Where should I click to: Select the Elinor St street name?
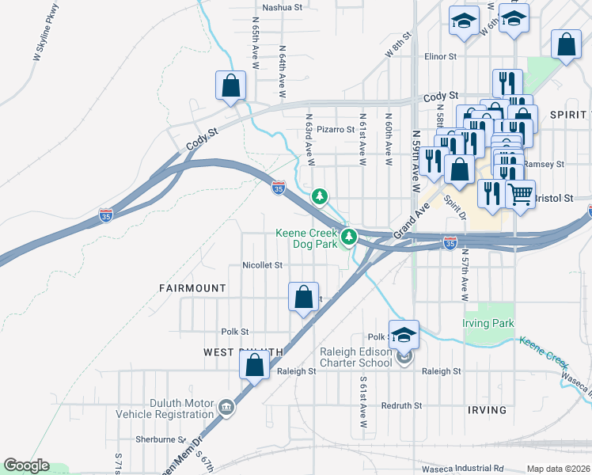pos(441,57)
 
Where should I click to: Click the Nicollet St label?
pos(262,266)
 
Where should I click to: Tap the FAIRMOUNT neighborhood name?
pos(192,288)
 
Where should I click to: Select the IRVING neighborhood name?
pos(487,409)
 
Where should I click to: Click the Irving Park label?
pos(488,323)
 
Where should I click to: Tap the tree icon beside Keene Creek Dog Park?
pos(347,236)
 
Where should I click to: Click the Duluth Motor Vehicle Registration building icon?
pos(226,408)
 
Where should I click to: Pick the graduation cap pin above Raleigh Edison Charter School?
pos(404,334)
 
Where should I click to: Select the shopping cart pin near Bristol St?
pos(519,193)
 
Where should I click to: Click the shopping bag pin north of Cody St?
pos(230,85)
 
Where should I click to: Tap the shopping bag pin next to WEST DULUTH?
pos(254,366)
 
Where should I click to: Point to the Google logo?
pos(26,465)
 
